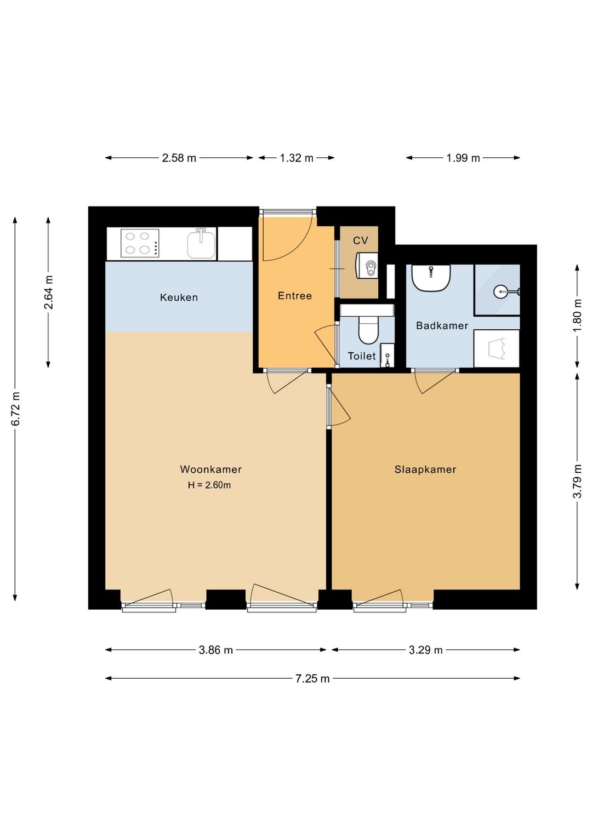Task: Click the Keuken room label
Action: [x=179, y=297]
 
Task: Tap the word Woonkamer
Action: [x=210, y=469]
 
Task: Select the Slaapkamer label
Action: [x=425, y=469]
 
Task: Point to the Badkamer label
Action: [x=442, y=325]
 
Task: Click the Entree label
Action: [x=295, y=296]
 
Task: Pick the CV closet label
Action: [x=361, y=241]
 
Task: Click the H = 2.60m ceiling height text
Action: [x=209, y=485]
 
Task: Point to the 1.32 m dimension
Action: [x=297, y=158]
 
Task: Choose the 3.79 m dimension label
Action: [x=577, y=481]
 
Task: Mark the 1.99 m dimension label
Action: [x=463, y=158]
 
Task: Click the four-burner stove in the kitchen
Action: [x=140, y=243]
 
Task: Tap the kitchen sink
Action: [x=201, y=244]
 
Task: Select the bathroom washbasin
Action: [x=431, y=278]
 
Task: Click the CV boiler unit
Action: [x=367, y=265]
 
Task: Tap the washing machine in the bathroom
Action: [x=497, y=348]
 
